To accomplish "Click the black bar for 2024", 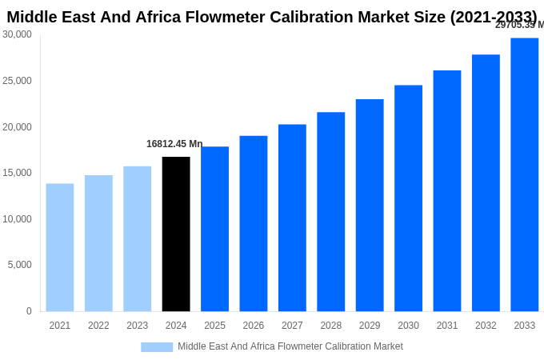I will coord(176,234).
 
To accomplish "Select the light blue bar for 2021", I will coord(60,247).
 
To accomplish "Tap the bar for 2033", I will coord(524,174).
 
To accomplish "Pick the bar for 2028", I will coord(330,211).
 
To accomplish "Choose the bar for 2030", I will coord(408,198).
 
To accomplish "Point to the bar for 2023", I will coord(137,238).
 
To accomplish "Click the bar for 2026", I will coord(254,223).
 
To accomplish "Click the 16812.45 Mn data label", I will coord(174,144).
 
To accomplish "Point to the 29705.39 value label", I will coord(518,25).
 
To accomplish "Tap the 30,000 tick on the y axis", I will coord(17,34).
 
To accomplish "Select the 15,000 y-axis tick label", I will coord(17,173).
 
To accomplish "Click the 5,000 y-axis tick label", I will coord(20,265).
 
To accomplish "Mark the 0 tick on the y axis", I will coord(29,311).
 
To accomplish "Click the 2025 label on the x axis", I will coord(214,326).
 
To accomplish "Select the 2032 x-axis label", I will coord(486,326).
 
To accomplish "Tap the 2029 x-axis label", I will coord(370,326).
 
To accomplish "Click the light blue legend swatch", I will coord(157,347).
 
